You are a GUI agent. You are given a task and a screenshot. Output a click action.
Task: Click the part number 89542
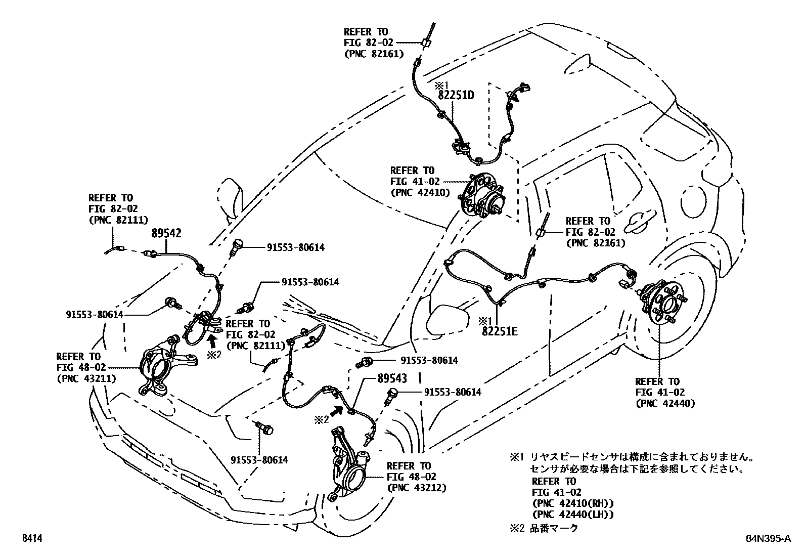click(x=166, y=233)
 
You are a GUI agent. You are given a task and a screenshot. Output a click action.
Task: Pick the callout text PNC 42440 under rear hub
click(x=664, y=403)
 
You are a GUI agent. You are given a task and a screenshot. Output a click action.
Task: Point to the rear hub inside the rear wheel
click(x=661, y=305)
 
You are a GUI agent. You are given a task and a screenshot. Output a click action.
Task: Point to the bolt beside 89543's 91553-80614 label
click(x=392, y=395)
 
